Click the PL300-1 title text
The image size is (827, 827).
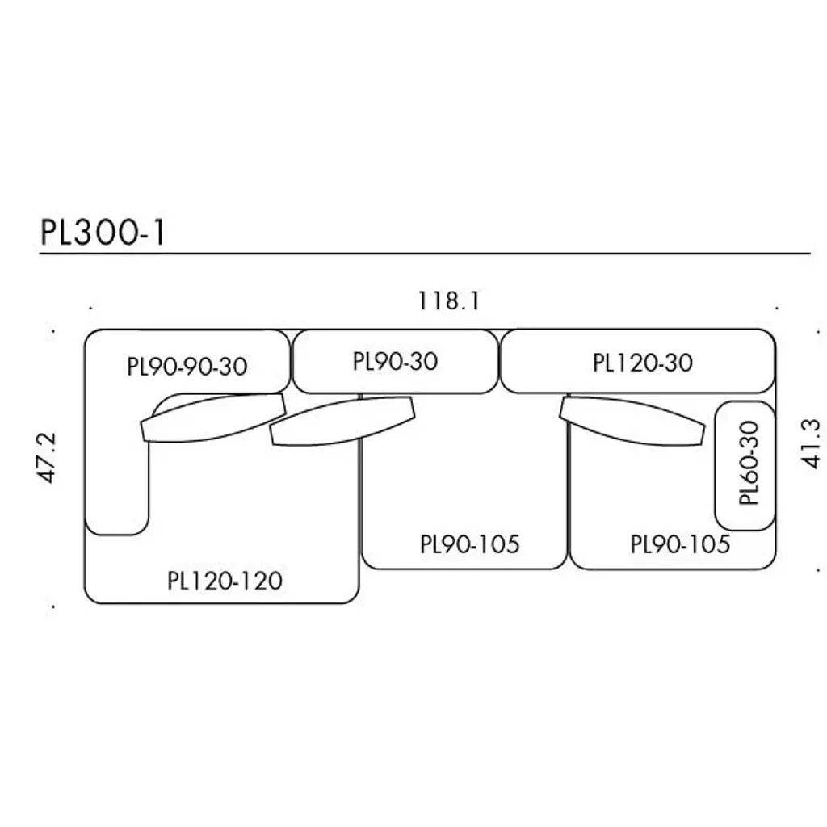(103, 232)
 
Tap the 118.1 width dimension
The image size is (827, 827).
(449, 301)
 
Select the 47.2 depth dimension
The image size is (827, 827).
(48, 457)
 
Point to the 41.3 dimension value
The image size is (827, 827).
(811, 443)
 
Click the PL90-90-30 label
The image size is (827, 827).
(187, 367)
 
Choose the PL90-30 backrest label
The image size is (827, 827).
(395, 361)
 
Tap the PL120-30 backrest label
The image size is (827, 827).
(643, 363)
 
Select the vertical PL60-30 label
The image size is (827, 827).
(750, 463)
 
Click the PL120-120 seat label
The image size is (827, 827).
(225, 581)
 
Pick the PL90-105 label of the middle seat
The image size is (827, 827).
(469, 544)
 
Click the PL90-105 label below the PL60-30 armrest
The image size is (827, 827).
(680, 544)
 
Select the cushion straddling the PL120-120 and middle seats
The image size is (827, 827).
(342, 421)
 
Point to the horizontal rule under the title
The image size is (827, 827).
(424, 254)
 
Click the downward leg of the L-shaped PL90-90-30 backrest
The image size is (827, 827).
(116, 485)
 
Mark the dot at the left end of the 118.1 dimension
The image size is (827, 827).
(91, 309)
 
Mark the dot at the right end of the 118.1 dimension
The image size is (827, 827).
(775, 309)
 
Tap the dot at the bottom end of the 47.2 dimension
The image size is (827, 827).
(52, 606)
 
